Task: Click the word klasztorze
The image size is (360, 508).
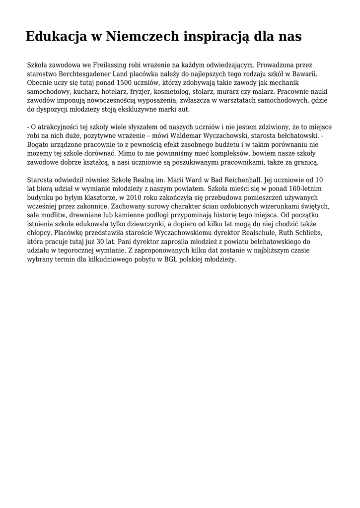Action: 98,197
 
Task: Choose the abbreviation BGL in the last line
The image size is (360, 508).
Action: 171,259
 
